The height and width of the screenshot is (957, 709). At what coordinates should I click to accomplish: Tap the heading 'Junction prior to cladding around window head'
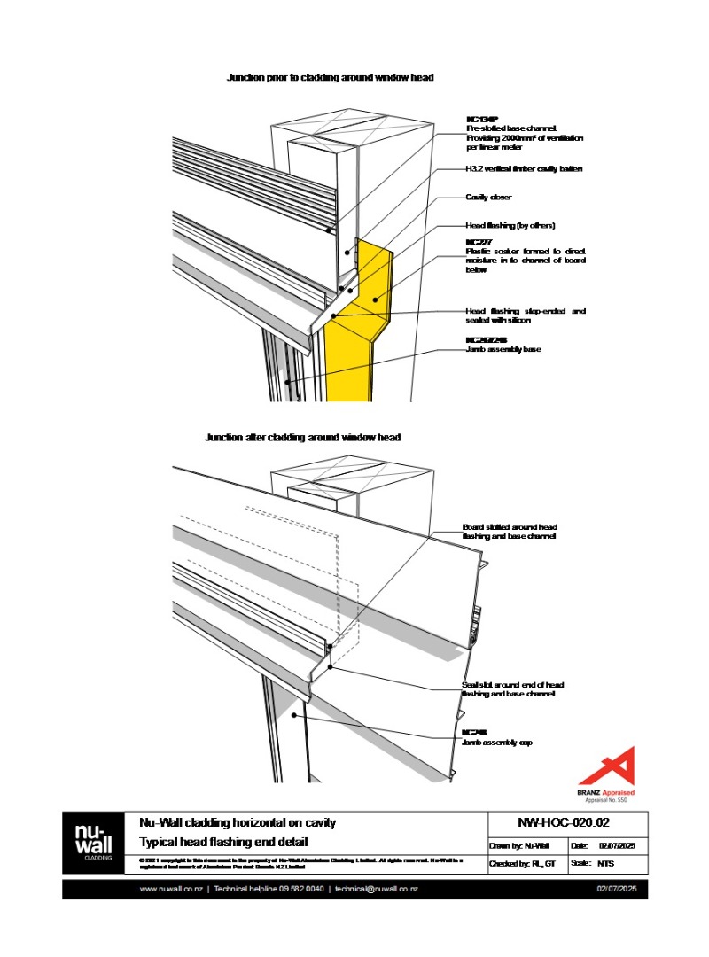point(330,78)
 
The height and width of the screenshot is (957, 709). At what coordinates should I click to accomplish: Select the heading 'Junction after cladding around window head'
point(302,438)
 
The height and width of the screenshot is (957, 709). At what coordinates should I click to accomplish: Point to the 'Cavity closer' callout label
point(488,198)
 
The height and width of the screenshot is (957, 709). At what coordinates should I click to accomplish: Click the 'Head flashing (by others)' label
point(510,225)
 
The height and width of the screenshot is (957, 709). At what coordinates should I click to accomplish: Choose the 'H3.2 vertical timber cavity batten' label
point(524,168)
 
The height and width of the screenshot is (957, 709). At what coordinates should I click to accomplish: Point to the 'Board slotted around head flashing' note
point(510,532)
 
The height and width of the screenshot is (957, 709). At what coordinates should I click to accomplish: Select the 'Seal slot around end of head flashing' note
point(512,689)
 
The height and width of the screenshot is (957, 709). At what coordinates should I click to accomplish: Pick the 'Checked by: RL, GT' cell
point(523,863)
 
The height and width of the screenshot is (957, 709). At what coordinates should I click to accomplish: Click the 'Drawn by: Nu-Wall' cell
point(519,845)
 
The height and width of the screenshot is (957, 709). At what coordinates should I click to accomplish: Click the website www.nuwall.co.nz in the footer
point(171,889)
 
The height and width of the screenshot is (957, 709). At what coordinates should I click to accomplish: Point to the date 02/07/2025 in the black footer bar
point(617,889)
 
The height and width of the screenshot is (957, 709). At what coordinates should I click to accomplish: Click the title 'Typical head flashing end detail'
point(223,842)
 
